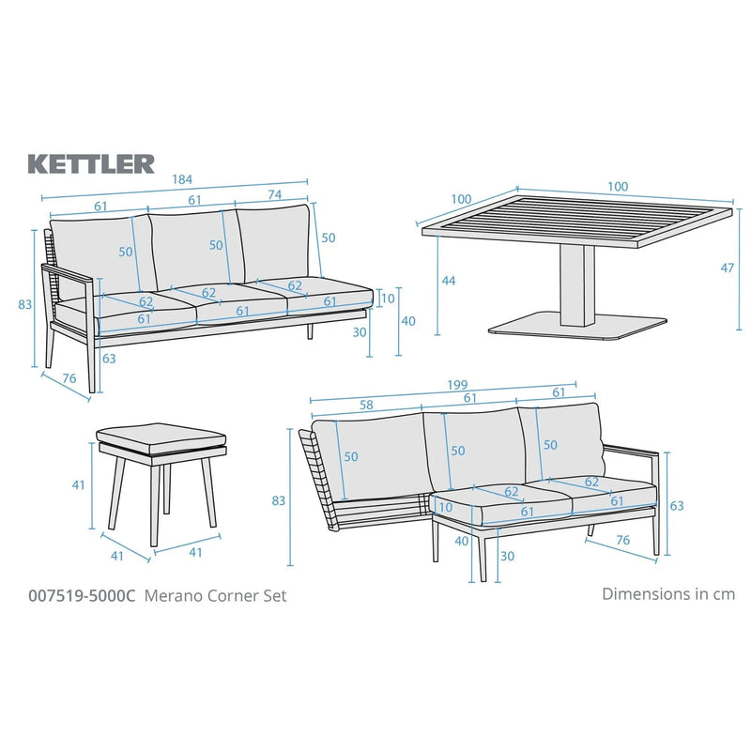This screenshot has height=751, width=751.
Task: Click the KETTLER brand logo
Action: coord(91,163)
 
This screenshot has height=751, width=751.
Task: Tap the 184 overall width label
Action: coord(175,179)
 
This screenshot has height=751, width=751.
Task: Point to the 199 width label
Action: coord(456,385)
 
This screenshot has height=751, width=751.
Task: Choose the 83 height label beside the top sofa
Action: coord(25,303)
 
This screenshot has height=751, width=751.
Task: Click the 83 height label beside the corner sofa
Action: coord(279,500)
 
